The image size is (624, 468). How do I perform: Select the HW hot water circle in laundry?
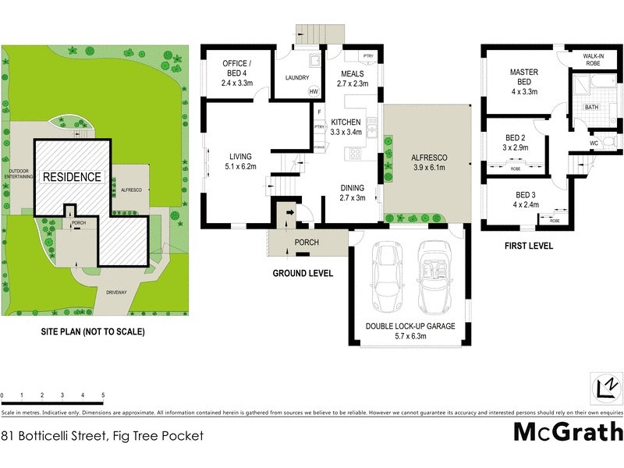[314, 92]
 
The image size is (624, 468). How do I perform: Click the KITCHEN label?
[346, 127]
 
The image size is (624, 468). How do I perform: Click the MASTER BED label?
[524, 77]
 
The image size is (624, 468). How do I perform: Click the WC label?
[594, 143]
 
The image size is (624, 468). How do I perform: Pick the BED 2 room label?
[516, 141]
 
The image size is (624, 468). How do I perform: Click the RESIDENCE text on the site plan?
[72, 177]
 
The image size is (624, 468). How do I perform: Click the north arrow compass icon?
[604, 388]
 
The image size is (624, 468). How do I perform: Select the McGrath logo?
[567, 431]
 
